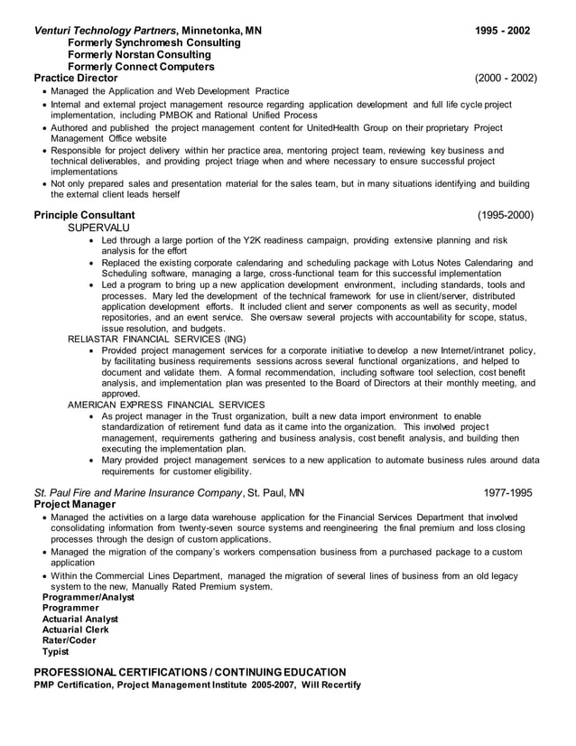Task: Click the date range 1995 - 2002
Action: pos(502,31)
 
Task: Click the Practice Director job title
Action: pos(76,79)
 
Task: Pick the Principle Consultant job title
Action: pos(84,215)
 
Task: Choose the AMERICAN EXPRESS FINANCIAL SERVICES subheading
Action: pos(166,405)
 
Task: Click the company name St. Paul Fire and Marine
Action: pos(138,493)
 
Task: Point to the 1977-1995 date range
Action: pos(508,493)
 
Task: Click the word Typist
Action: pos(55,651)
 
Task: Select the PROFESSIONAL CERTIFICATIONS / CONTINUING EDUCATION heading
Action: pos(190,672)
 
